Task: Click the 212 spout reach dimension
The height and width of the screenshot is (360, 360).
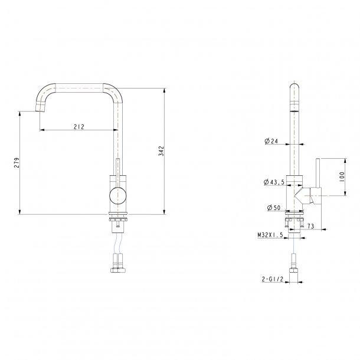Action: pyautogui.click(x=79, y=126)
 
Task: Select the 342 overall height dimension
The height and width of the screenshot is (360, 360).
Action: pyautogui.click(x=161, y=151)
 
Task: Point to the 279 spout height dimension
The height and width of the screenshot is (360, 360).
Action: pyautogui.click(x=17, y=162)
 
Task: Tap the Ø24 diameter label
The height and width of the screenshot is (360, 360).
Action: pyautogui.click(x=271, y=141)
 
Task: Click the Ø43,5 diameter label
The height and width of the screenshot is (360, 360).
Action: pyautogui.click(x=274, y=182)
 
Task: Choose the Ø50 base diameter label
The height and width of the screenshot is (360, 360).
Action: pyautogui.click(x=274, y=208)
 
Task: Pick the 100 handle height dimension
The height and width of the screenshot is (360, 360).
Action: pyautogui.click(x=342, y=177)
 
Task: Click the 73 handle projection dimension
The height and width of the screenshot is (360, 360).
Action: pyautogui.click(x=310, y=226)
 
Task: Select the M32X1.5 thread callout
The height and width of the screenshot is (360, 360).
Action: pyautogui.click(x=270, y=235)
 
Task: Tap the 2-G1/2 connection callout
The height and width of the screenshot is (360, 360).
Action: pyautogui.click(x=273, y=279)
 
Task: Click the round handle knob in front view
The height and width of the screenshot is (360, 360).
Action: pyautogui.click(x=118, y=195)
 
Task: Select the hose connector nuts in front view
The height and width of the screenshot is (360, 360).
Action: pyautogui.click(x=118, y=270)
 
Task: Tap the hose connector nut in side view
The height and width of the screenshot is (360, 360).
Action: pyautogui.click(x=294, y=270)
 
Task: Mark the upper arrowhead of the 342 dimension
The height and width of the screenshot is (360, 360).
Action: pyautogui.click(x=164, y=90)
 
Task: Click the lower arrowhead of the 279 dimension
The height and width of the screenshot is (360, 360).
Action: pyautogui.click(x=19, y=212)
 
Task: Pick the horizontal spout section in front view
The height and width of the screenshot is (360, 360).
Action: pyautogui.click(x=79, y=88)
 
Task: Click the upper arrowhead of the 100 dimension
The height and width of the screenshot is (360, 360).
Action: pyautogui.click(x=345, y=161)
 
